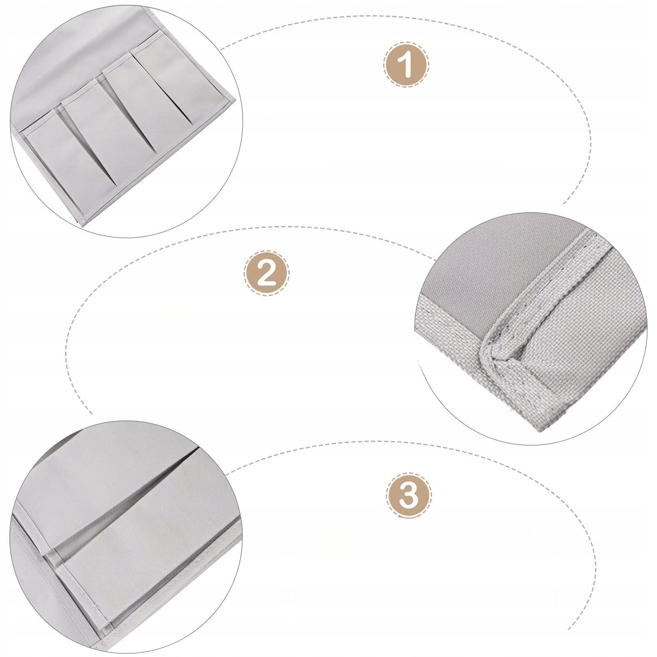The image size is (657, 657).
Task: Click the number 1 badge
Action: click(x=407, y=64)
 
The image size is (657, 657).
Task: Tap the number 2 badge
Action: click(x=267, y=273)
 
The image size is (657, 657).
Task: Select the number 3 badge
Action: click(x=409, y=495)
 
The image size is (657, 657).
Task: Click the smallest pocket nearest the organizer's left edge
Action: click(x=62, y=160)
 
